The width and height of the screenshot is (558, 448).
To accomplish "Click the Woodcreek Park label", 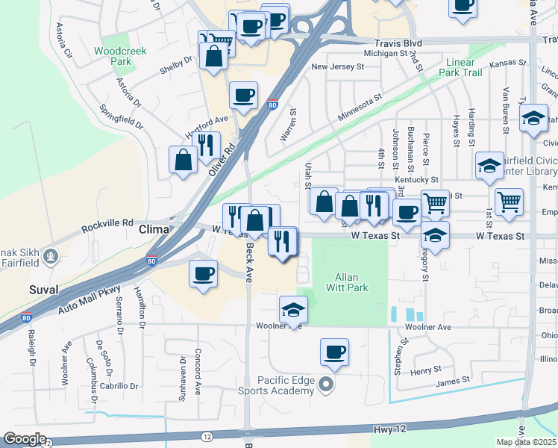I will [120, 57].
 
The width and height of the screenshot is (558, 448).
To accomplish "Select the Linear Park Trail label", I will [465, 68].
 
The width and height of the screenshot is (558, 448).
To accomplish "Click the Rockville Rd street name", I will [107, 223].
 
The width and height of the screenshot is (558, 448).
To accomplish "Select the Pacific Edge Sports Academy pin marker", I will [325, 385].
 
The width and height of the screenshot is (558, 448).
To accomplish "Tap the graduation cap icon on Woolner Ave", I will [294, 309].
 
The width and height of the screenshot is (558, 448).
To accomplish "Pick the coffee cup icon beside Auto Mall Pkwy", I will [203, 273].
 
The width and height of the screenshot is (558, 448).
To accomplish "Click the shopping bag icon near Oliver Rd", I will [184, 159].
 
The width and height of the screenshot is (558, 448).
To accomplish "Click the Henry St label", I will [426, 371].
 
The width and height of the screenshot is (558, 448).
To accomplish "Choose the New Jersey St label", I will [337, 66].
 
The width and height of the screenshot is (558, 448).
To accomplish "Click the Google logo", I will [25, 439].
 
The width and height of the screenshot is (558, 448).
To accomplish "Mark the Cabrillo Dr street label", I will [122, 386].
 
